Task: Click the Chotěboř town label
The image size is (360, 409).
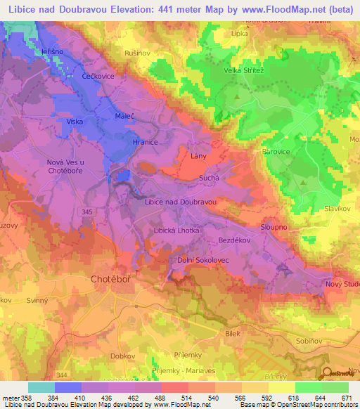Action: tap(111, 280)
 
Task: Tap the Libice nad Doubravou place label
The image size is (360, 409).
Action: tap(179, 202)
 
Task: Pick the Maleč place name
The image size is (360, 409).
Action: tap(124, 115)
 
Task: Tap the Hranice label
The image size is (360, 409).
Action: tap(144, 141)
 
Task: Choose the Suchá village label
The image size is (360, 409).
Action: tap(210, 178)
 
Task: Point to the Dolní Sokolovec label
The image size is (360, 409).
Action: tap(202, 260)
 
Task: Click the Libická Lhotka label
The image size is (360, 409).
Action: tap(176, 231)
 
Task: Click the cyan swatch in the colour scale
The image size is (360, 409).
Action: tap(41, 387)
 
